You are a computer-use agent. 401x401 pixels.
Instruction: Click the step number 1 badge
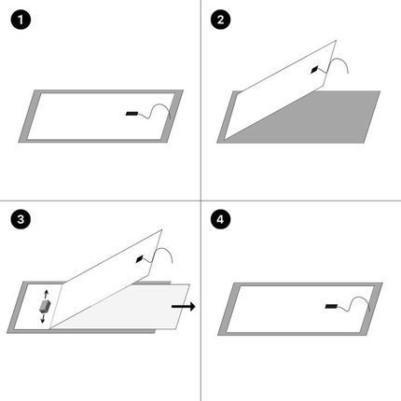click(21, 20)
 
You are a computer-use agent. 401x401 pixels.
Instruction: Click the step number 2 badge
click(220, 20)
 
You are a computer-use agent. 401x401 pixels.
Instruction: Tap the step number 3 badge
click(21, 219)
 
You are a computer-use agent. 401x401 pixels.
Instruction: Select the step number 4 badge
click(220, 219)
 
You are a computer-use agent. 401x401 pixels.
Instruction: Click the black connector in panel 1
click(131, 114)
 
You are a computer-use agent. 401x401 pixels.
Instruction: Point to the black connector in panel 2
click(315, 70)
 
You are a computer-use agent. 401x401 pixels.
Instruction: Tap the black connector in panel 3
click(140, 259)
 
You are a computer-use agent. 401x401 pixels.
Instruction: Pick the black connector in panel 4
click(331, 307)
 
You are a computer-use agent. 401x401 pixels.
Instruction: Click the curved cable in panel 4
click(355, 300)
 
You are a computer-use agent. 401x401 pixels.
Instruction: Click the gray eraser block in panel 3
click(45, 307)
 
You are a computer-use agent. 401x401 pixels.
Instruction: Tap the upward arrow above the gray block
click(47, 295)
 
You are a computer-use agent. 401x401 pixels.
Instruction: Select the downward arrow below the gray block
click(43, 319)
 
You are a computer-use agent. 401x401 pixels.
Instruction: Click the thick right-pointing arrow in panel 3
click(184, 307)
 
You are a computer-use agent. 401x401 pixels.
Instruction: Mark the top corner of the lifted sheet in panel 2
click(337, 40)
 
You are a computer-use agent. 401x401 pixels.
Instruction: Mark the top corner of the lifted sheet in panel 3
click(162, 229)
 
